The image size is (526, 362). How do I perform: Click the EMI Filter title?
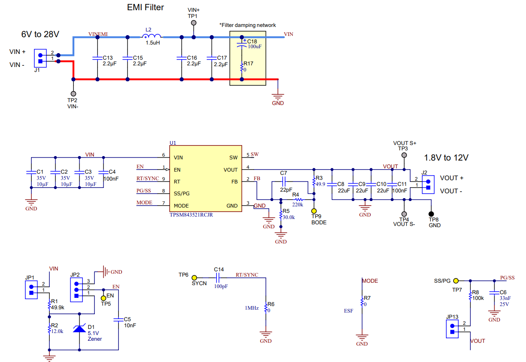click(145, 7)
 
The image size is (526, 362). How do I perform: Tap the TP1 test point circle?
click(194, 23)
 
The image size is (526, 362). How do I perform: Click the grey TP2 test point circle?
click(74, 94)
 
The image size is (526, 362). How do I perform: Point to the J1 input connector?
click(40, 58)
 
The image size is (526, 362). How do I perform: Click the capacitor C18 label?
click(252, 42)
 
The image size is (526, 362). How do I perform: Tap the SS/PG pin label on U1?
click(181, 193)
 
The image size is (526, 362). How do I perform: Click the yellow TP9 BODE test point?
click(314, 210)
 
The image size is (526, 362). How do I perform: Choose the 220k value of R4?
click(298, 204)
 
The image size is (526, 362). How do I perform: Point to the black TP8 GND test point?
click(431, 214)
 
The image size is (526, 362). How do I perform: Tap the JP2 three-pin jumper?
click(76, 290)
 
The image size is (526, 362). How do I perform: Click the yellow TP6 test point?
click(195, 277)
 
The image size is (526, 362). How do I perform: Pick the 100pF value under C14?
click(221, 286)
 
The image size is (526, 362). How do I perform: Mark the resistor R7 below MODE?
click(362, 302)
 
